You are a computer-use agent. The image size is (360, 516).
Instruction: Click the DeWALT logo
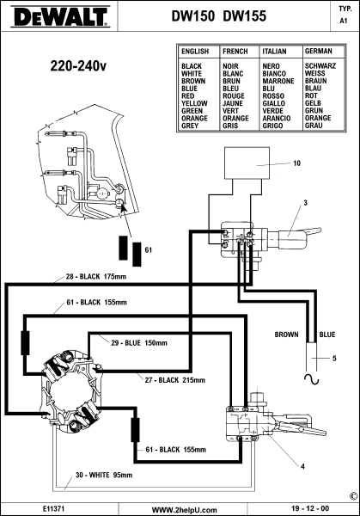(59, 16)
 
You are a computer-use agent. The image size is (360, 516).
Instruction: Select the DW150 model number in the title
(193, 15)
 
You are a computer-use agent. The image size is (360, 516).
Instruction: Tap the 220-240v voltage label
(78, 66)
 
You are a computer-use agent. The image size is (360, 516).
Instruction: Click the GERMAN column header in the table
(318, 51)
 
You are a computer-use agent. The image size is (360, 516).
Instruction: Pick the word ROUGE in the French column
(234, 95)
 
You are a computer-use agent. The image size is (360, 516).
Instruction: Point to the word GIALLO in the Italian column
(273, 103)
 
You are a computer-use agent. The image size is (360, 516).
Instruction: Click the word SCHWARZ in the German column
(320, 66)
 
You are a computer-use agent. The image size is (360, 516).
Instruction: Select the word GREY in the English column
(190, 126)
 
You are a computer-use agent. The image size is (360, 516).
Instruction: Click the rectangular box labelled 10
(247, 163)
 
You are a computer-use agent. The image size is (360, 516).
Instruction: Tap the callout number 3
(305, 203)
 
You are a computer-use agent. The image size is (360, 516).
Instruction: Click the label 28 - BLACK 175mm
(96, 276)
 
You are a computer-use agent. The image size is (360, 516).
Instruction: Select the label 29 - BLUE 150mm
(139, 343)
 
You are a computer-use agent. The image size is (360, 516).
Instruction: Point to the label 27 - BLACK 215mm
(175, 380)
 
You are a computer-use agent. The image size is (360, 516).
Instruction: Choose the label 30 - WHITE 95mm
(104, 475)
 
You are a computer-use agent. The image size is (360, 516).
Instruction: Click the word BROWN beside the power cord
(286, 335)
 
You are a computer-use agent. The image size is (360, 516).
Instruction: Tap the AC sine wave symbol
(312, 379)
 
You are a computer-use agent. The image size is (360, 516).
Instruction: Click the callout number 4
(302, 466)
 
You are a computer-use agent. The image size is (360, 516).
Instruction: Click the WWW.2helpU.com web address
(185, 510)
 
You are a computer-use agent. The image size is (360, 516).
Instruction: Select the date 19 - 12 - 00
(310, 509)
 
